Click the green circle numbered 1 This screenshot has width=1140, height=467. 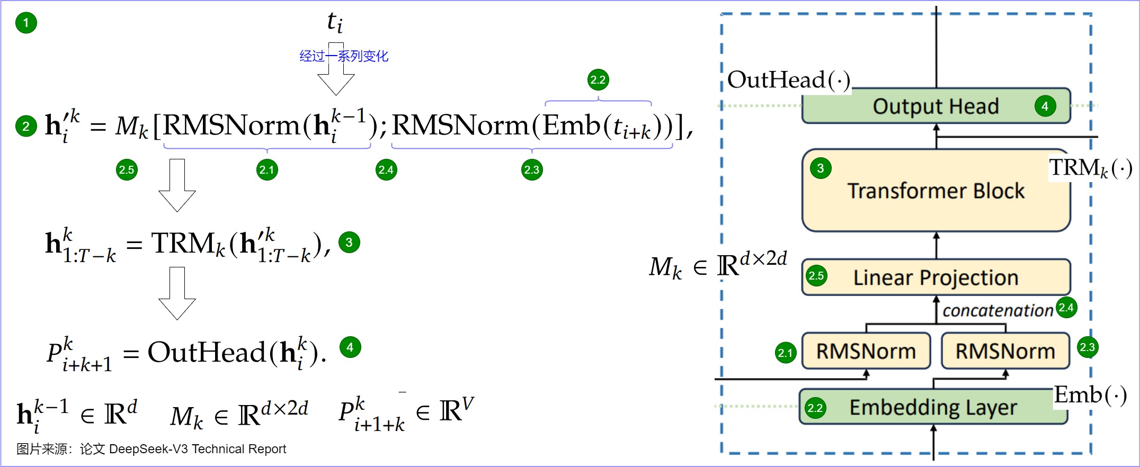click(26, 23)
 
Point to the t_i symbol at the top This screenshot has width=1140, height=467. click(335, 22)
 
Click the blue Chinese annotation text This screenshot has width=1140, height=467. click(344, 56)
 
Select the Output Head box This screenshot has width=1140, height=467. click(936, 106)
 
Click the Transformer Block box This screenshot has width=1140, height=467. click(936, 191)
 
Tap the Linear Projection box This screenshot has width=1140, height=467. click(936, 277)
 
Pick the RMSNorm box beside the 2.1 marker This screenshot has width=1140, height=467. click(866, 351)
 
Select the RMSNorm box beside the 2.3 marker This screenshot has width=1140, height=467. click(1005, 351)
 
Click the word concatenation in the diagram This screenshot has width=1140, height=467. click(997, 310)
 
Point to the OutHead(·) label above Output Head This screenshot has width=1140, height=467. click(789, 80)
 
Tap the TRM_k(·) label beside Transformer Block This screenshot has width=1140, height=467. click(1091, 168)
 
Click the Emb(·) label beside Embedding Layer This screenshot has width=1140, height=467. click(1090, 395)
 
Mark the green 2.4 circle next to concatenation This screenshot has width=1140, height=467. click(1066, 307)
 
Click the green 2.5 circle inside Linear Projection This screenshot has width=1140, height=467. click(816, 275)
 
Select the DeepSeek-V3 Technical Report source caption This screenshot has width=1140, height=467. click(152, 449)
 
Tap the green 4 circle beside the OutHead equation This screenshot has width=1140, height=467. click(350, 347)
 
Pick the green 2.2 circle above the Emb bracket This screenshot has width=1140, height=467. click(598, 80)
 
